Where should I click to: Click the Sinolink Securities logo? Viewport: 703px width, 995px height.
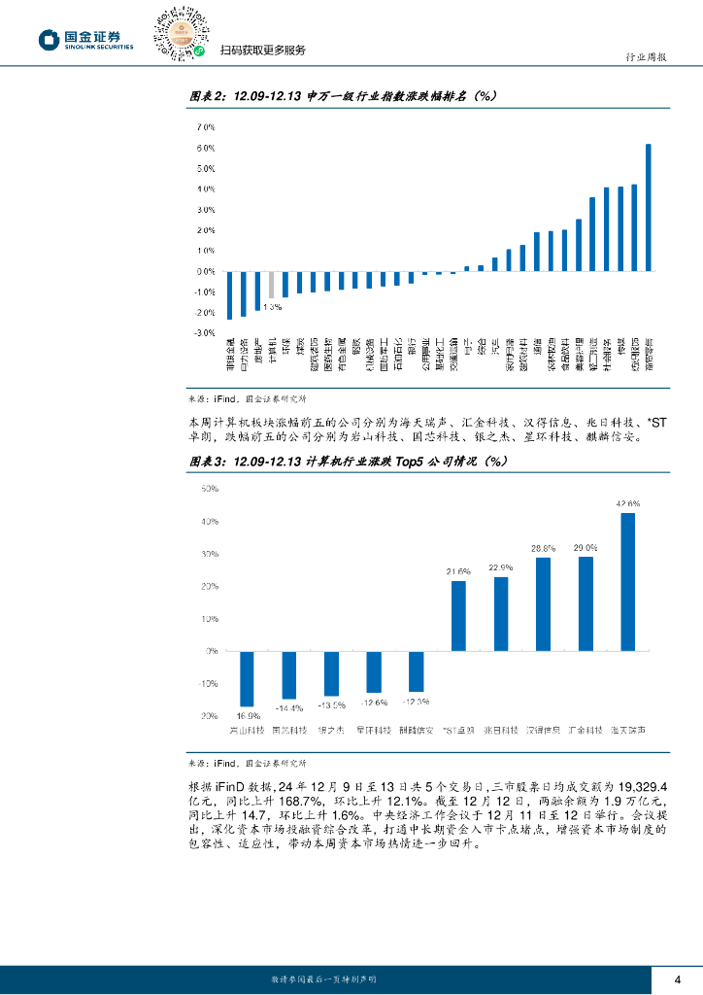pos(85,40)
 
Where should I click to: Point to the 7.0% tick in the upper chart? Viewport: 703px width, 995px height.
pos(205,127)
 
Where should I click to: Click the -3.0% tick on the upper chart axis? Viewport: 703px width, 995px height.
pos(204,333)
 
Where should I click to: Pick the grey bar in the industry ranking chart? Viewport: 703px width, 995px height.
pos(272,286)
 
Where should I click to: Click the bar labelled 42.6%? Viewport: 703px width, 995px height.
pos(627,582)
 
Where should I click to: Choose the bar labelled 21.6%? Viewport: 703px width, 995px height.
pos(458,616)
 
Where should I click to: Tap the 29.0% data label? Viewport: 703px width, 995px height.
pos(585,548)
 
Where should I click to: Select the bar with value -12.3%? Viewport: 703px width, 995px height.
pos(416,671)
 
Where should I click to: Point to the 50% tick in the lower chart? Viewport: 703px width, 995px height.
pos(210,489)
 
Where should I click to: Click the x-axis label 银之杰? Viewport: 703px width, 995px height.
pos(331,730)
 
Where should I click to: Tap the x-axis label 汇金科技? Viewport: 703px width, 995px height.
pos(585,730)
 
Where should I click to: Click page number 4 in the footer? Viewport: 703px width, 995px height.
pos(678,978)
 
